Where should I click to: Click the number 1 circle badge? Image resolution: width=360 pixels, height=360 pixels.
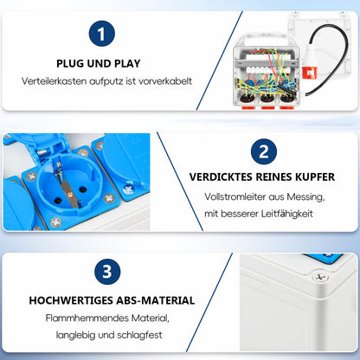point(101,35)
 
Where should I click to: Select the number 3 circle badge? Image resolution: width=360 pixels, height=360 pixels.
point(106,272)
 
